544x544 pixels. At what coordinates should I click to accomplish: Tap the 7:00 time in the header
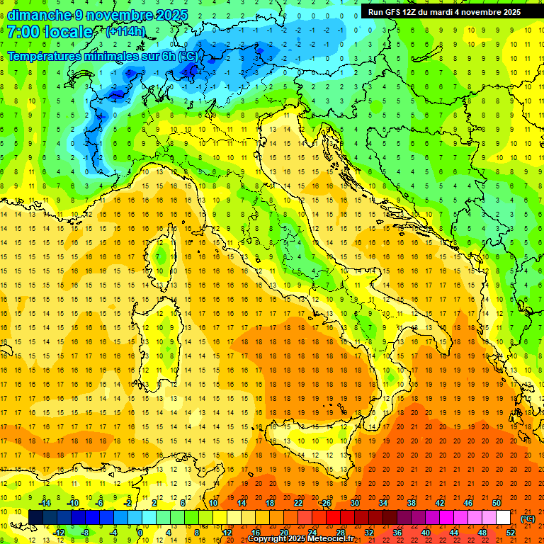click(x=24, y=32)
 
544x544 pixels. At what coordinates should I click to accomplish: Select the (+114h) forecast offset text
click(x=126, y=32)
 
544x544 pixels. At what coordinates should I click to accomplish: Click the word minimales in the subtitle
click(x=106, y=56)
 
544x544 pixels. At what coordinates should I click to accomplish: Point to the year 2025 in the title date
click(x=169, y=15)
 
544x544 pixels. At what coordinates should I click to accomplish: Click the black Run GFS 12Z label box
click(x=443, y=12)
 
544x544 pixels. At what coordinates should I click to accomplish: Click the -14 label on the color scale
click(x=44, y=503)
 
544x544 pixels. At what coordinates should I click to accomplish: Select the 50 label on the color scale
click(x=496, y=503)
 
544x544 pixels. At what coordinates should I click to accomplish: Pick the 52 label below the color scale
click(x=511, y=532)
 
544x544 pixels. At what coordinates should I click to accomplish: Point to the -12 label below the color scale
click(x=59, y=532)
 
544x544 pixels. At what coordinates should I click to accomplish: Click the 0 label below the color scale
click(x=140, y=532)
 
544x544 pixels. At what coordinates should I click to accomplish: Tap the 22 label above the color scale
click(x=298, y=503)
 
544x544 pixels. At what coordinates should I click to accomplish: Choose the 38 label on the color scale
click(x=411, y=503)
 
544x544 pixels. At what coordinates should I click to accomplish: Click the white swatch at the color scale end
click(x=503, y=517)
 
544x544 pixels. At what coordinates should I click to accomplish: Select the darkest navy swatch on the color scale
click(x=35, y=517)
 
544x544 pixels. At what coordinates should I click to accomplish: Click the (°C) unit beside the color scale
click(x=528, y=518)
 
